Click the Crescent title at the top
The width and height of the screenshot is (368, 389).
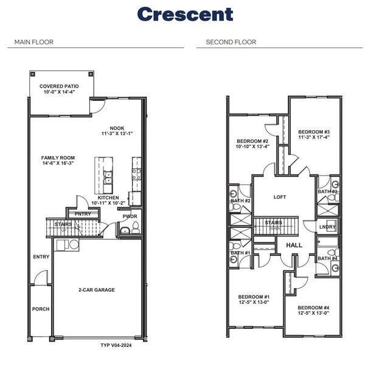(x=184, y=13)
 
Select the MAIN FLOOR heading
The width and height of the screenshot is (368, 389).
(x=34, y=42)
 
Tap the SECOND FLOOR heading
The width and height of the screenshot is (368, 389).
(x=231, y=42)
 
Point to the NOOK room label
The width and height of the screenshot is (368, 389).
(x=117, y=128)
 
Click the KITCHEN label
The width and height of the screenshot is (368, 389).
(x=108, y=198)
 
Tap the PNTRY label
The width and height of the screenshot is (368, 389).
(x=83, y=214)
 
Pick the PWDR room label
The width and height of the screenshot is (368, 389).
(x=130, y=216)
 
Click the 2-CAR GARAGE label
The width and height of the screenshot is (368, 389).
(x=97, y=290)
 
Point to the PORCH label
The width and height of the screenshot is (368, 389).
(x=41, y=309)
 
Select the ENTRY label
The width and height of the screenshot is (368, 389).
(x=41, y=256)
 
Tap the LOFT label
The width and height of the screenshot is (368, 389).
(x=280, y=197)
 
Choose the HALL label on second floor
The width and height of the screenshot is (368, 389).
(x=294, y=245)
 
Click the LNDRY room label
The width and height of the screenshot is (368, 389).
(x=328, y=228)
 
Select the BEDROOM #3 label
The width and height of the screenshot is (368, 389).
(x=314, y=132)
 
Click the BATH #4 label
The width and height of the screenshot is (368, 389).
(x=327, y=258)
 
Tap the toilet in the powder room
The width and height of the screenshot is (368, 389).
(x=136, y=228)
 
